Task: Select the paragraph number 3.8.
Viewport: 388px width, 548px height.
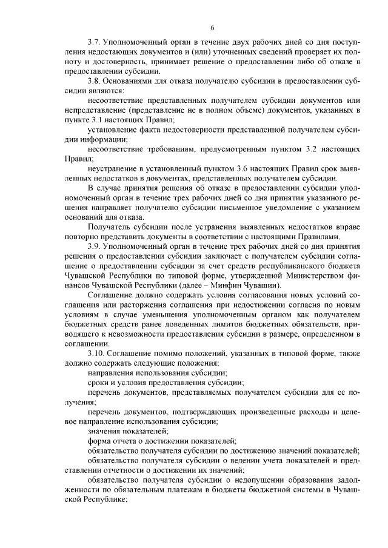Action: (x=95, y=80)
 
